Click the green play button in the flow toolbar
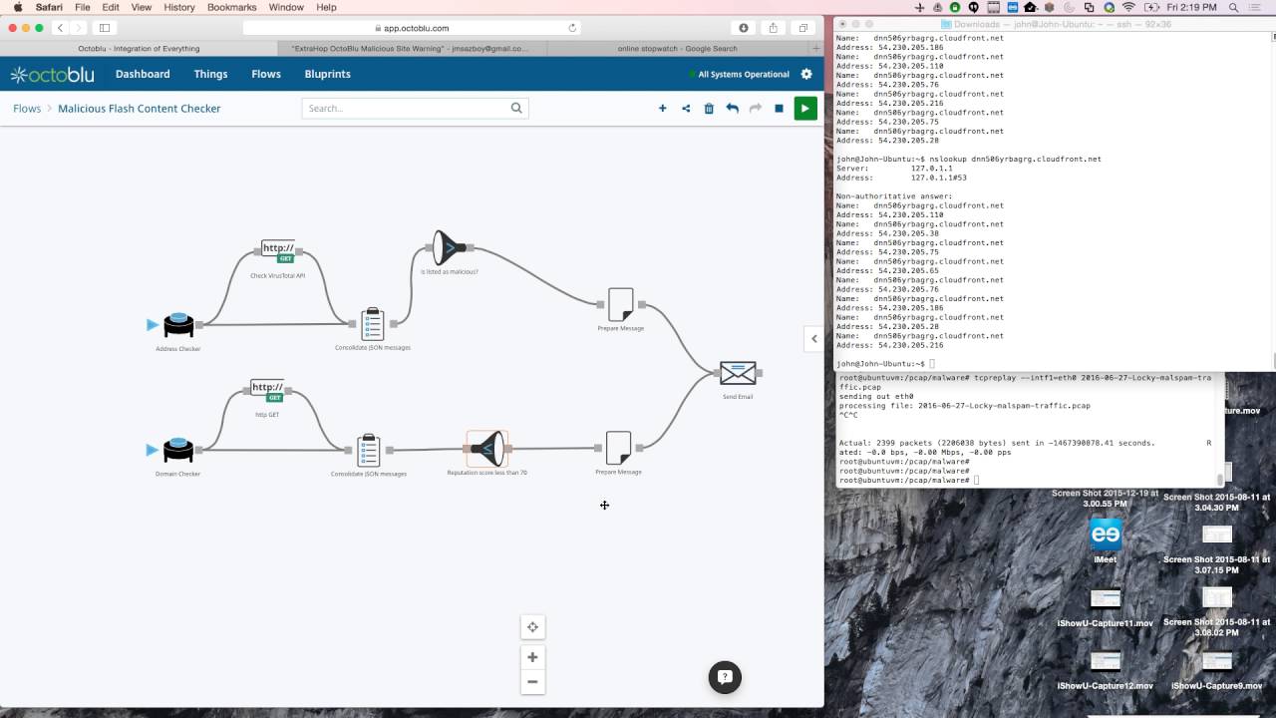tap(804, 108)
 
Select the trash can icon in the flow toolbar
tap(709, 108)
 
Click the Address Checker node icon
tap(178, 325)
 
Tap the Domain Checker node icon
tap(178, 450)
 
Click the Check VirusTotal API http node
tap(278, 250)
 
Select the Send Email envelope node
tap(738, 373)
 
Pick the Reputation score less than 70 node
tap(487, 449)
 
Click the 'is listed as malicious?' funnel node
tap(449, 247)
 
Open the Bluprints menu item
tap(327, 74)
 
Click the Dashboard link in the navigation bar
tap(143, 74)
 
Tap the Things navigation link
tap(210, 74)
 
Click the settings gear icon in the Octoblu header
tap(806, 74)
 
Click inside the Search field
tap(409, 108)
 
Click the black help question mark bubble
tap(725, 676)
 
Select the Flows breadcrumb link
tap(27, 108)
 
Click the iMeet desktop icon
tap(1106, 535)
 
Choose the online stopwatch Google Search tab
tap(677, 48)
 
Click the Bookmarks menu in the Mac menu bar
tap(232, 7)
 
